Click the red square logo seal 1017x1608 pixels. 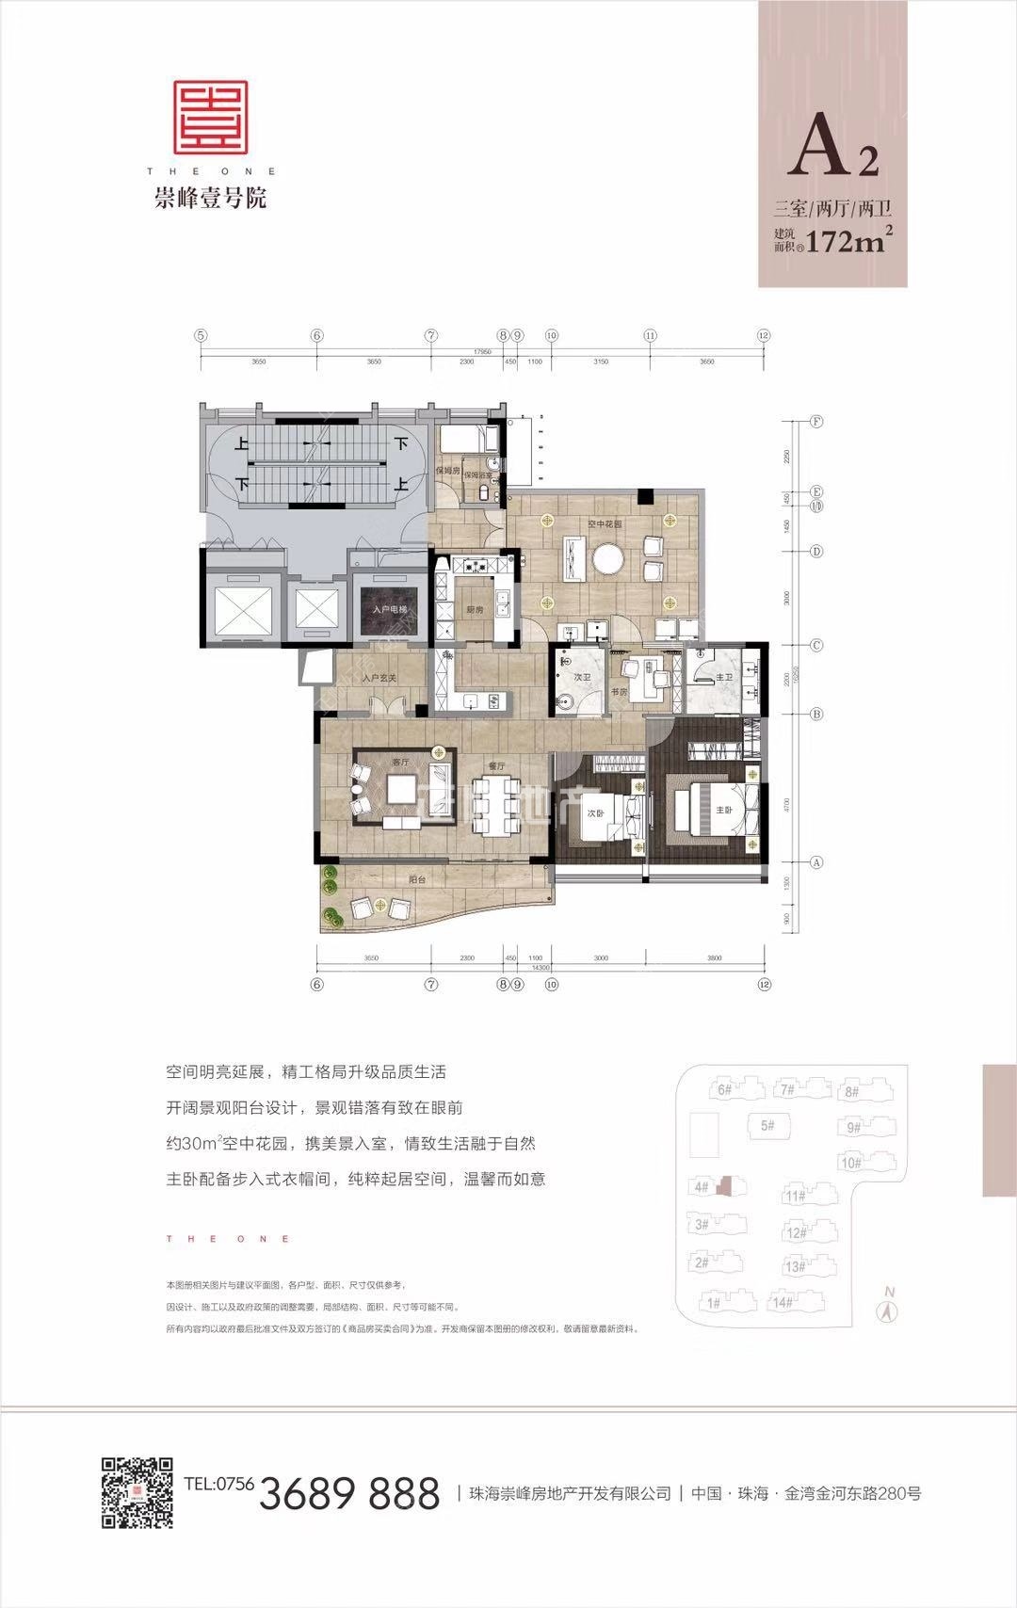[x=210, y=118]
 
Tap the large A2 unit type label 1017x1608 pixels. [x=833, y=151]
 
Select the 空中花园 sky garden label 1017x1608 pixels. [x=604, y=524]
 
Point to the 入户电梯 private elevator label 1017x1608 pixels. [x=391, y=611]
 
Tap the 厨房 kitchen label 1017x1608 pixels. [x=476, y=609]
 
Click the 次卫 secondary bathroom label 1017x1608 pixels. [x=582, y=676]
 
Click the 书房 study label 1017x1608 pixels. [x=619, y=692]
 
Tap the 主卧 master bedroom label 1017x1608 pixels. [x=723, y=809]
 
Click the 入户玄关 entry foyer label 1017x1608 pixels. [x=379, y=679]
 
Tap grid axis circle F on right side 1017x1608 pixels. [x=817, y=422]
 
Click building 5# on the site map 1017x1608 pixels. [x=767, y=1125]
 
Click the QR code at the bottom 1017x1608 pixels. [x=137, y=1492]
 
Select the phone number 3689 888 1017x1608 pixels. [x=349, y=1494]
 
